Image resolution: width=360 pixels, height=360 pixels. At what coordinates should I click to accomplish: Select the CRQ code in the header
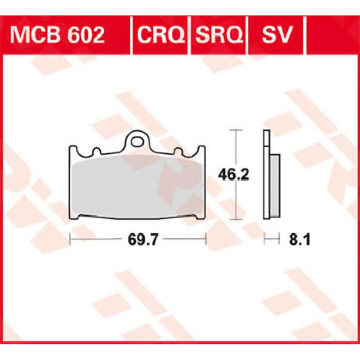point(161,35)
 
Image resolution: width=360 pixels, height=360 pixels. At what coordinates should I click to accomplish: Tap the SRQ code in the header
point(219,35)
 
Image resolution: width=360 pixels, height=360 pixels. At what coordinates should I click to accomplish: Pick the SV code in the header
point(277,35)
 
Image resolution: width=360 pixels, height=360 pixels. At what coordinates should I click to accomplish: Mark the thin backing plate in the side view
point(266,175)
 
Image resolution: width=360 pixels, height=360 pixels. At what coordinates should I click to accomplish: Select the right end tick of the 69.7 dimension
point(206,239)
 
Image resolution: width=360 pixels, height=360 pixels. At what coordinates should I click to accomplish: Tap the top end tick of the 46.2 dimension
point(236,130)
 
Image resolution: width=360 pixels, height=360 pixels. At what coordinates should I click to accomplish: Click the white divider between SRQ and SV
point(248,35)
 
